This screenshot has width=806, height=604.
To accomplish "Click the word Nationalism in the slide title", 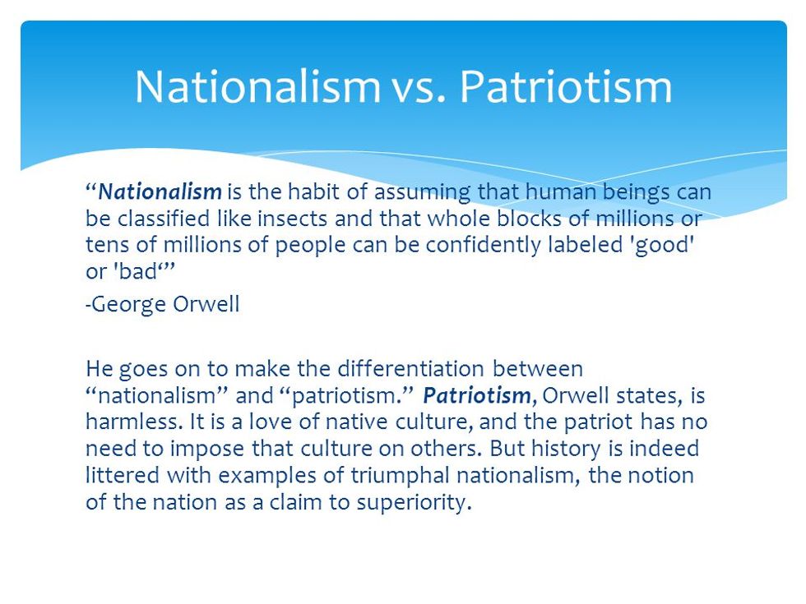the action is tap(257, 86).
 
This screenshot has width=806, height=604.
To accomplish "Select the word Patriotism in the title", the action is tap(566, 86).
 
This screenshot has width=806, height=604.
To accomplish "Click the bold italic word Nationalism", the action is tap(160, 191).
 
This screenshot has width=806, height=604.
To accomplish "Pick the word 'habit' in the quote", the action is tap(313, 191).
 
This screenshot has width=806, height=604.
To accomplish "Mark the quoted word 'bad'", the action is tap(138, 272).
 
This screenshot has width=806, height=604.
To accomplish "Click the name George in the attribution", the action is tap(128, 305).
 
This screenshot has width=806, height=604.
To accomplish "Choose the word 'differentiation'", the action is tap(410, 369).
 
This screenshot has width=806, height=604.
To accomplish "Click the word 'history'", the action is tap(566, 450).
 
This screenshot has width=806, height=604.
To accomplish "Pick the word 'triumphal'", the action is tap(401, 476).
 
